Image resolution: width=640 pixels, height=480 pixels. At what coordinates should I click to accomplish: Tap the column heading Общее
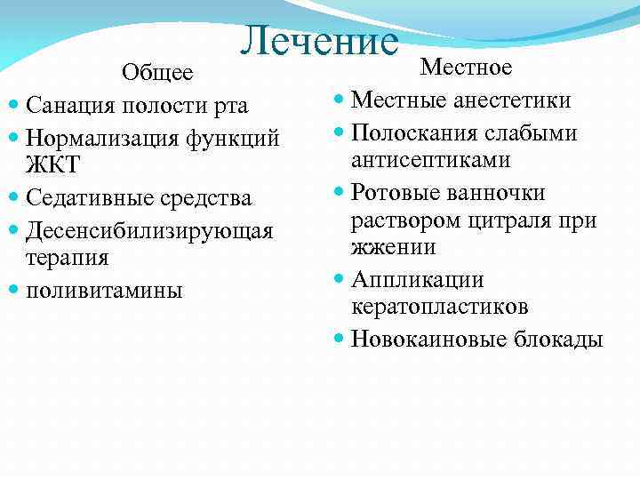pyautogui.click(x=157, y=72)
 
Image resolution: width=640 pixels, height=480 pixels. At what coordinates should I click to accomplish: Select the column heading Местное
pyautogui.click(x=466, y=68)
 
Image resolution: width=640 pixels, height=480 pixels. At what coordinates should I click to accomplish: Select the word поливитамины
pyautogui.click(x=104, y=290)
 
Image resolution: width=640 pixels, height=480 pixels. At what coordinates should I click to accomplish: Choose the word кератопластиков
pyautogui.click(x=439, y=308)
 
